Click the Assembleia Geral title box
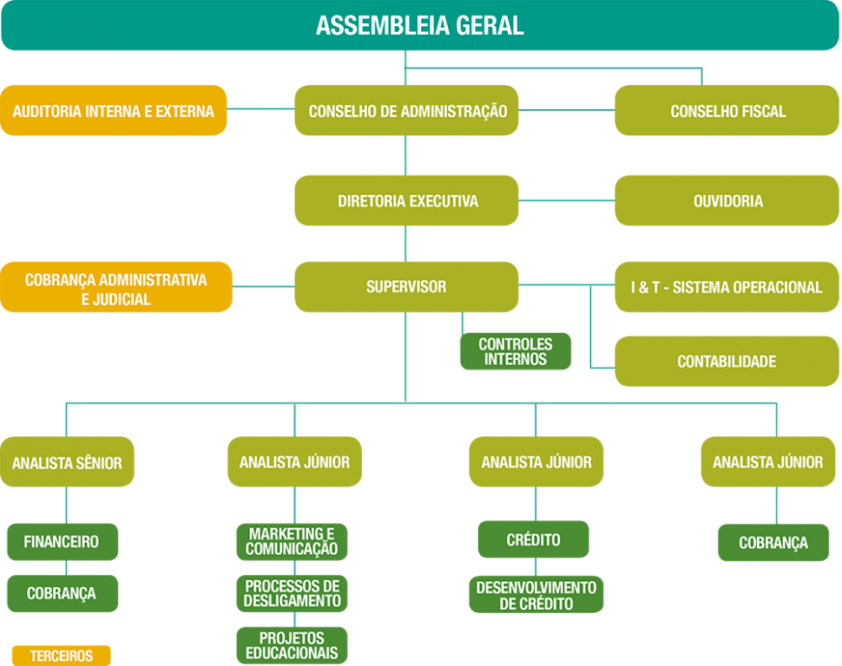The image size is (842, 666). coord(420,25)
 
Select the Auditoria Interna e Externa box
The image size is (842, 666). coord(114,111)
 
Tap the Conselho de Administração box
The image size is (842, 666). coord(406,111)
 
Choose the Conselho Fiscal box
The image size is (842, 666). coord(727,111)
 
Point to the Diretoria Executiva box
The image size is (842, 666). coord(406,201)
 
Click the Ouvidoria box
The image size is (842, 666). coord(727,201)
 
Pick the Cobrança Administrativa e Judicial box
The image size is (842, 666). coord(116,288)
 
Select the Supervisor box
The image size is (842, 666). coord(406,287)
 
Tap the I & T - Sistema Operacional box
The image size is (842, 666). coord(727,287)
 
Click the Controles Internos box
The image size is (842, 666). coord(516,351)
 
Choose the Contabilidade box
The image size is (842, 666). coord(727,361)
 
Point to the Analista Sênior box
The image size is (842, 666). coord(67,462)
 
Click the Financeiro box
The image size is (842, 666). coord(62,542)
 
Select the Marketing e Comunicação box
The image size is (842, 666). coord(292,542)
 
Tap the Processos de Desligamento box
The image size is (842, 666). coord(292,593)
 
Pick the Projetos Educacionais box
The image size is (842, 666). coord(292,646)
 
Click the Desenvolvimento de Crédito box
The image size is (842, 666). coord(536,595)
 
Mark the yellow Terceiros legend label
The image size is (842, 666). coord(62,656)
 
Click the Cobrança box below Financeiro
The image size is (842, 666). coord(62,594)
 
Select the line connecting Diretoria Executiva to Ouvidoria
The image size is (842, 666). coord(567,201)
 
